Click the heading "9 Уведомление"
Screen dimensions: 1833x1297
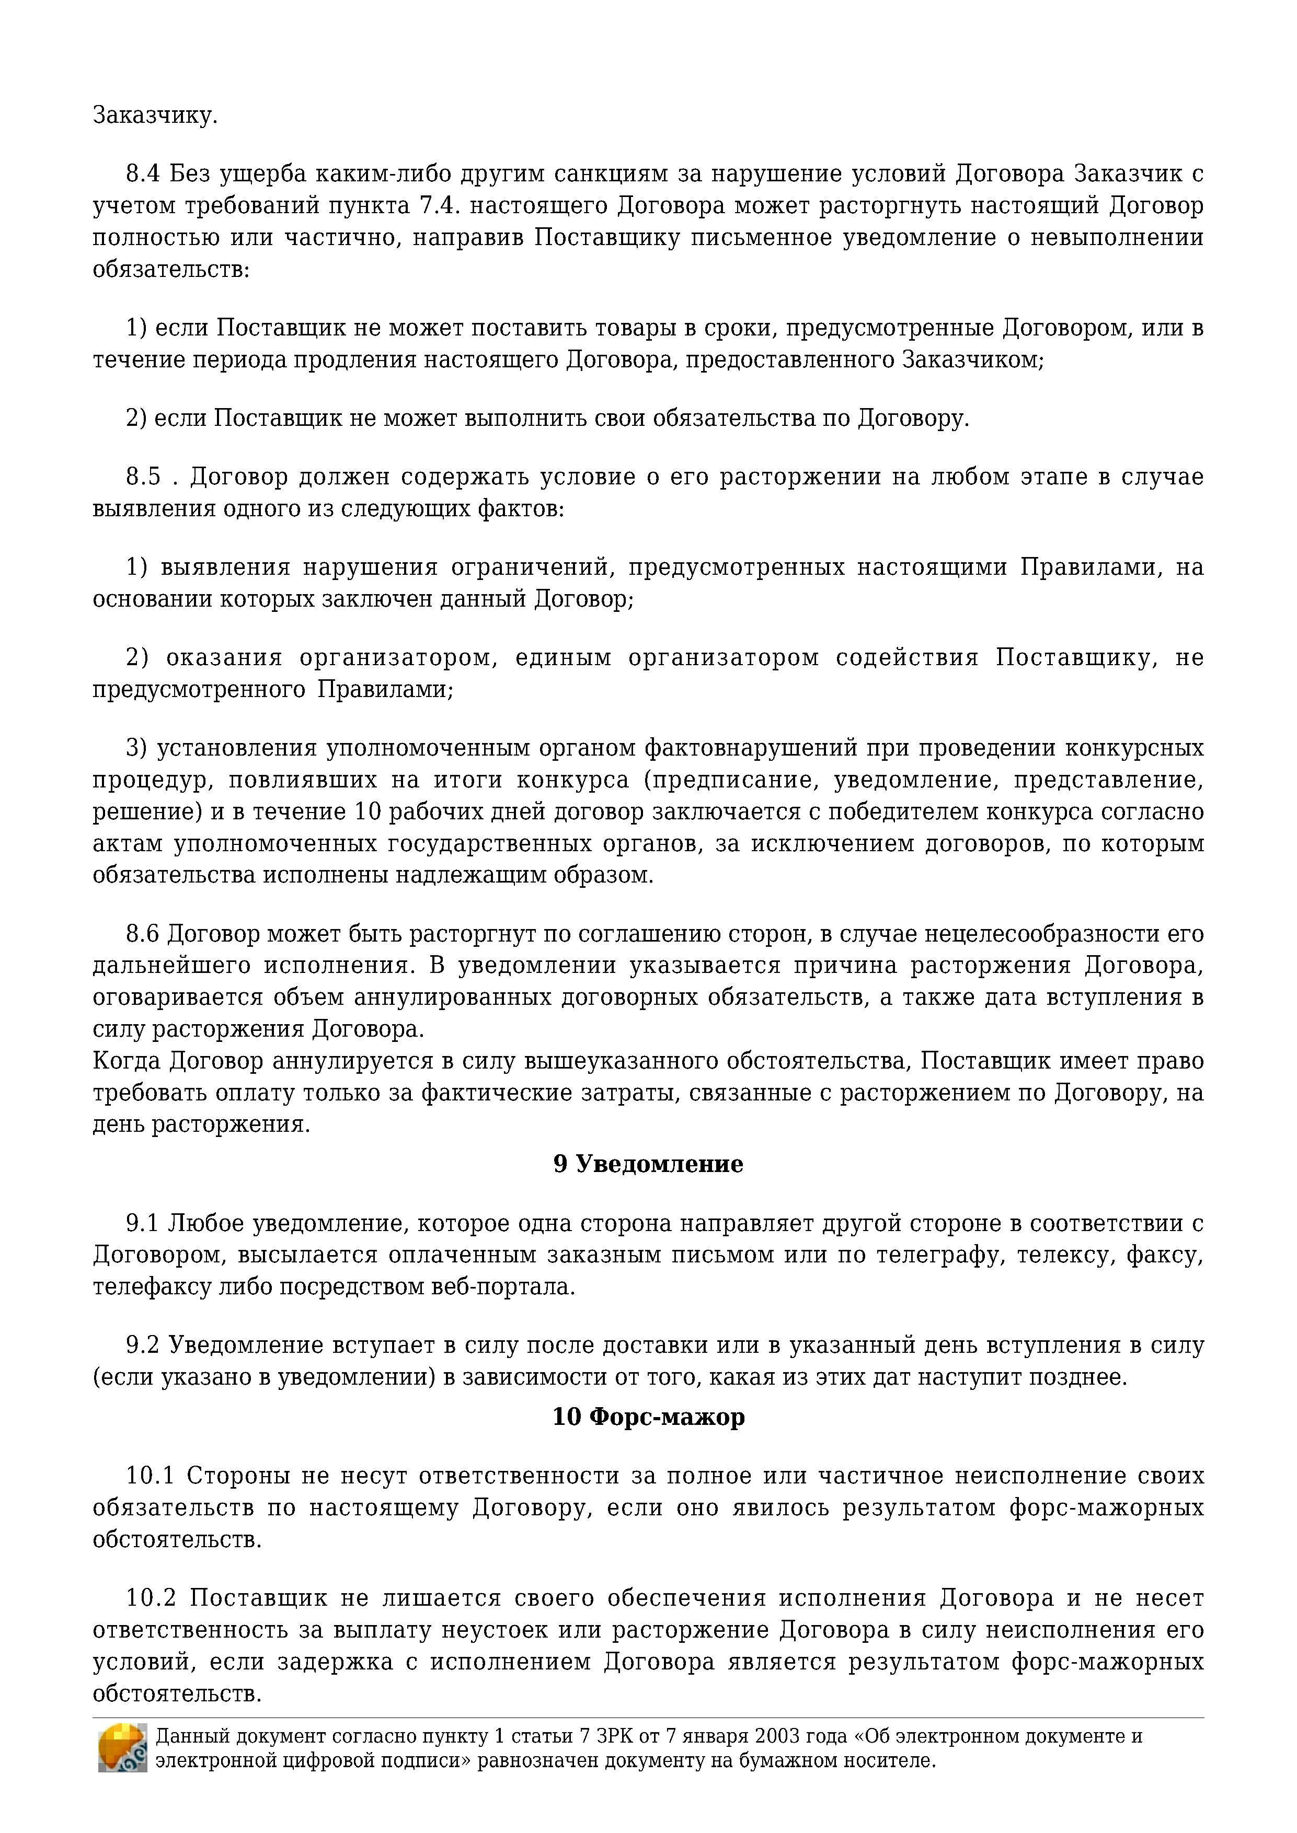[648, 1164]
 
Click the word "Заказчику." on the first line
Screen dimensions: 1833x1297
[155, 116]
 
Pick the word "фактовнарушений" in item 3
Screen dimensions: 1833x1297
[748, 748]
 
